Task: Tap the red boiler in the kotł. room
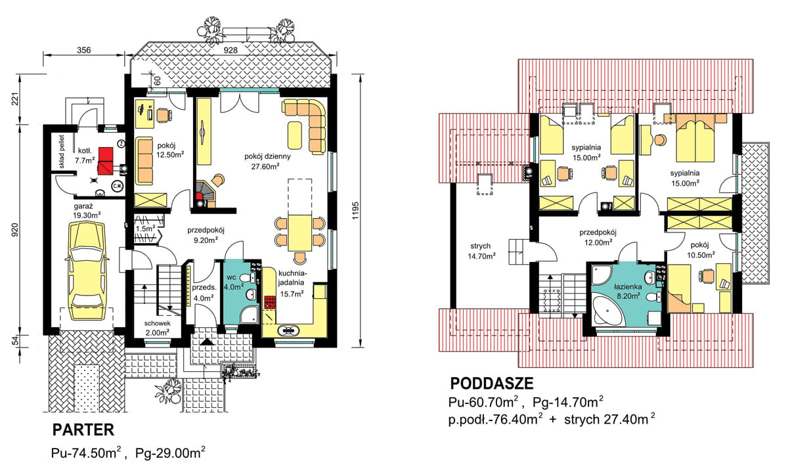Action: pos(106,161)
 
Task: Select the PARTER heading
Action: pos(83,430)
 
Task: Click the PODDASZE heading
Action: pos(492,384)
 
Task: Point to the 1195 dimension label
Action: pos(356,211)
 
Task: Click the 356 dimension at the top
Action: pos(84,51)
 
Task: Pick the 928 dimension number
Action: pos(230,51)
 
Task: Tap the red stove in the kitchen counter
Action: pos(270,302)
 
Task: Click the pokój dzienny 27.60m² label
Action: pos(267,161)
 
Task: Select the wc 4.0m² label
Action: pos(234,282)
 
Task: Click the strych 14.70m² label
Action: pos(481,252)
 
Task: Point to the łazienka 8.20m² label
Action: pos(628,292)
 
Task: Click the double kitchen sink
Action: pos(288,330)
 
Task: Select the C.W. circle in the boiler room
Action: pos(117,186)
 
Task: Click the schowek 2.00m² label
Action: pos(157,328)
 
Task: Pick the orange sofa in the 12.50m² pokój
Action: pos(144,161)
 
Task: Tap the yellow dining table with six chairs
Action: pos(299,233)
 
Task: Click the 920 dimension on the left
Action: pos(15,230)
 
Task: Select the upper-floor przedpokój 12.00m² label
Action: pos(598,238)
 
